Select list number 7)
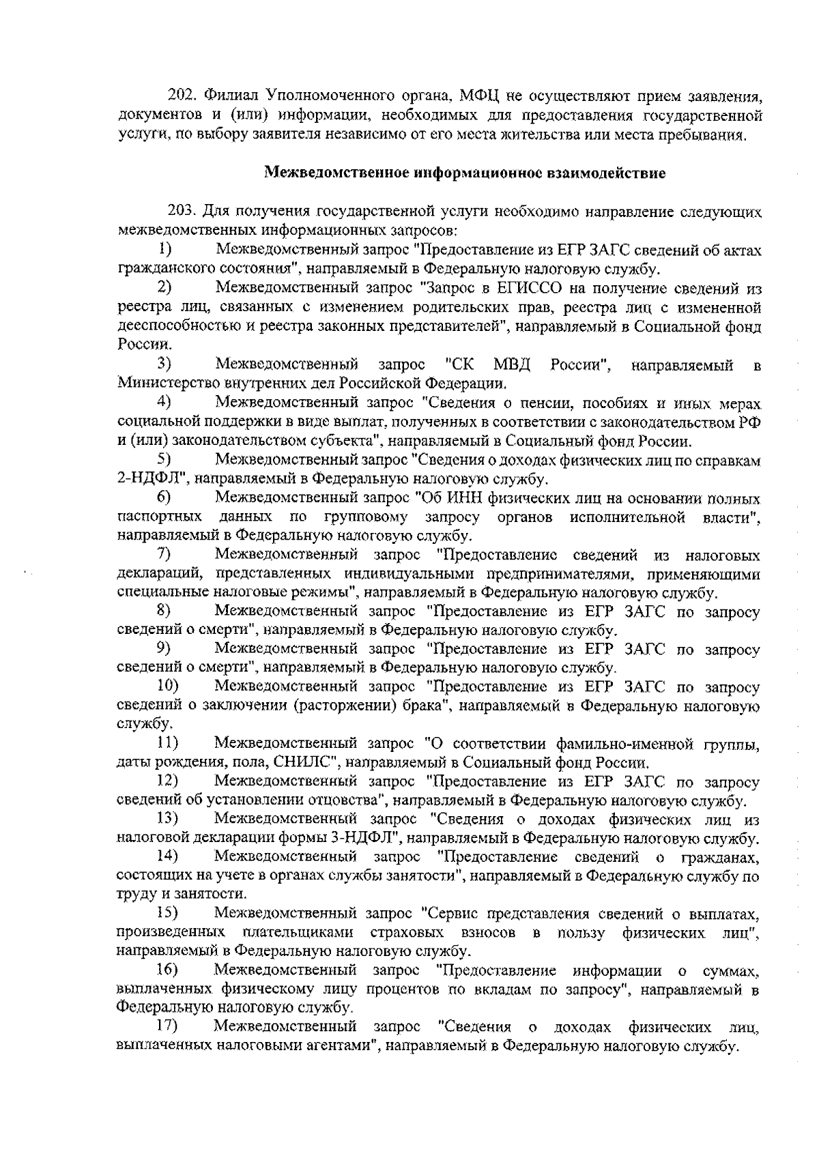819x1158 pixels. click(x=164, y=555)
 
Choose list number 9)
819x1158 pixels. click(x=164, y=648)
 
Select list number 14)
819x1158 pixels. click(x=167, y=856)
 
